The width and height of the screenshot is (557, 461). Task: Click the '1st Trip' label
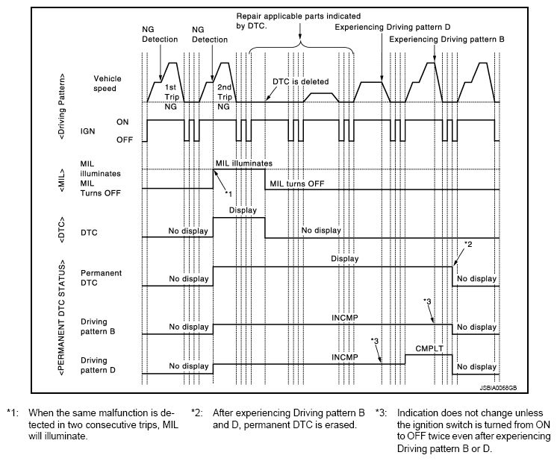(x=170, y=92)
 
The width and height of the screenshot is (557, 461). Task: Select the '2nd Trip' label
(x=223, y=92)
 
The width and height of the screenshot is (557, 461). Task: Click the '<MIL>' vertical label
(x=66, y=178)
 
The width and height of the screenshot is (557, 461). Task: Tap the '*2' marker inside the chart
(x=468, y=244)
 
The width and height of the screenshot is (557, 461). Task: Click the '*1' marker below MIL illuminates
(x=229, y=194)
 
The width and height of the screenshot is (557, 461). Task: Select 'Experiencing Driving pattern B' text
(x=447, y=39)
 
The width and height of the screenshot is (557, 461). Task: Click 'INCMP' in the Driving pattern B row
(x=345, y=316)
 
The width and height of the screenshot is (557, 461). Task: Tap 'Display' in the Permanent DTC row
(x=345, y=259)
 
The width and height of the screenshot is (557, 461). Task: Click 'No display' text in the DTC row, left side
(x=187, y=230)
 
